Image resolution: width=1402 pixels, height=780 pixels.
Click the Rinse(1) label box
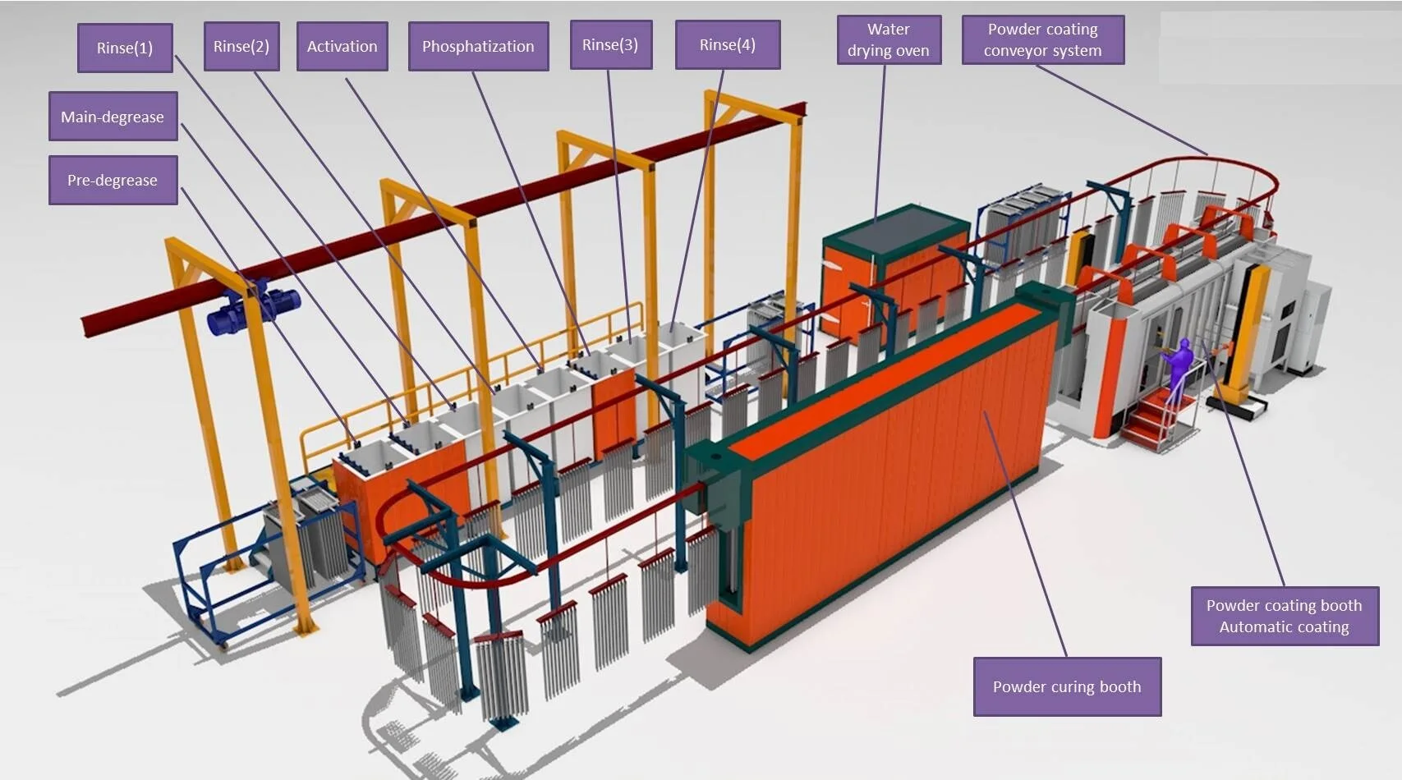click(125, 48)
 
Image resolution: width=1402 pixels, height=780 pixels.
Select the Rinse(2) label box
click(241, 46)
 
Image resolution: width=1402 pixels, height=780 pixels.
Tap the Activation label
click(342, 46)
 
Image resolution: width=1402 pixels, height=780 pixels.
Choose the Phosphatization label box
click(478, 46)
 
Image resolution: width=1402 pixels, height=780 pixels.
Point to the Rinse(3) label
click(610, 44)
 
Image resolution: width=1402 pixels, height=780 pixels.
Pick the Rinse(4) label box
click(728, 44)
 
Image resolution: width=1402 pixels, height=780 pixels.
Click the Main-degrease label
click(113, 117)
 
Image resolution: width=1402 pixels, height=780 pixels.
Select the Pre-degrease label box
click(113, 180)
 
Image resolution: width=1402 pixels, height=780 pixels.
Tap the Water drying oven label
click(889, 39)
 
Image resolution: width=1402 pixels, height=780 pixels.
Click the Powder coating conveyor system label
click(1043, 39)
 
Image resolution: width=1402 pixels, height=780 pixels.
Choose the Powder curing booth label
click(1067, 686)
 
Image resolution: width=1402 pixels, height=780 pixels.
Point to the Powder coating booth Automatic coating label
click(1285, 616)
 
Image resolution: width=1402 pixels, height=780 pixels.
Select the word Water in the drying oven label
click(889, 29)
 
